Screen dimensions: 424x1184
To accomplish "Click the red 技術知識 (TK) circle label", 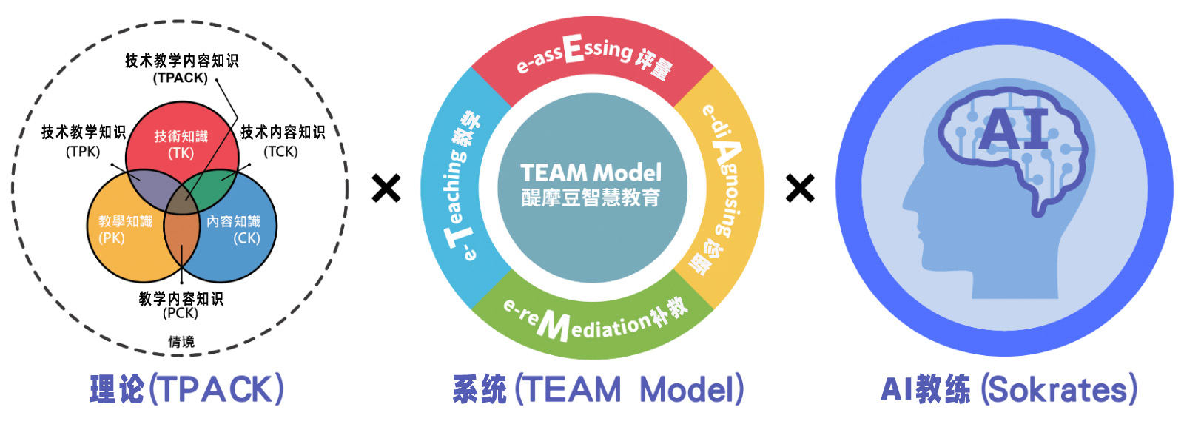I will pyautogui.click(x=181, y=144).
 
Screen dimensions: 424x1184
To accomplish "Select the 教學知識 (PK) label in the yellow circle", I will pyautogui.click(x=125, y=229).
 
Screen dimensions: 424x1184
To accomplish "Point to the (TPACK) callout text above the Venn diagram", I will pyautogui.click(x=181, y=78).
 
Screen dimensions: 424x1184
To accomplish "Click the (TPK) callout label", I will pyautogui.click(x=83, y=152).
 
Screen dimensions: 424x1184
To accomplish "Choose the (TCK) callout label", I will pyautogui.click(x=281, y=152).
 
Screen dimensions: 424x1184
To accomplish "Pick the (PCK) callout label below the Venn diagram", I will pyautogui.click(x=181, y=313).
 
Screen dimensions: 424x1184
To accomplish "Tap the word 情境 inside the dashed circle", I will pyautogui.click(x=181, y=341).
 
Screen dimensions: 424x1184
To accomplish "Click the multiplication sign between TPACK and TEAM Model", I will pyautogui.click(x=386, y=189).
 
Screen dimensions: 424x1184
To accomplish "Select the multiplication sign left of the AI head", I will pyautogui.click(x=800, y=189).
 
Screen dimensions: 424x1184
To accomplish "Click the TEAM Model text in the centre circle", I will pyautogui.click(x=591, y=173).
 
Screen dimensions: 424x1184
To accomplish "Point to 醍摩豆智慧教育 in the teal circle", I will pyautogui.click(x=591, y=198).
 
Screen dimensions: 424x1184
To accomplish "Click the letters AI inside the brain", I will pyautogui.click(x=1015, y=130).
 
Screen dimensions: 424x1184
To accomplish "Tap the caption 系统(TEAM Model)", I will pyautogui.click(x=598, y=389).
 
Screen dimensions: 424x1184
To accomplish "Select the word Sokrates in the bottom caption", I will pyautogui.click(x=1060, y=389).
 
